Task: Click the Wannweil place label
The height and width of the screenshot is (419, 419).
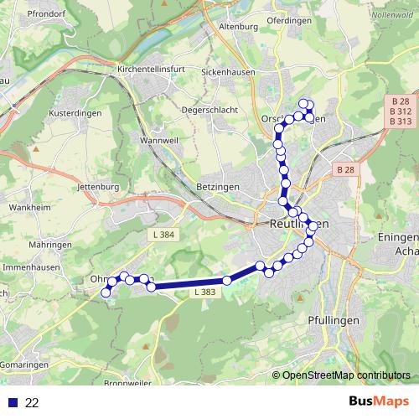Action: click(x=160, y=141)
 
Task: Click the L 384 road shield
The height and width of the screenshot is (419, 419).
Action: click(x=164, y=234)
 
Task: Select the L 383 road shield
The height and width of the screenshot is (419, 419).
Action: click(x=206, y=292)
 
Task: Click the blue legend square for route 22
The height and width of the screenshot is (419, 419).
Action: click(x=13, y=403)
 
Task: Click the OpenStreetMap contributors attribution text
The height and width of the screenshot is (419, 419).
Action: click(x=347, y=375)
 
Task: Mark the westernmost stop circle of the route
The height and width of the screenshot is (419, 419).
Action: click(x=106, y=292)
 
